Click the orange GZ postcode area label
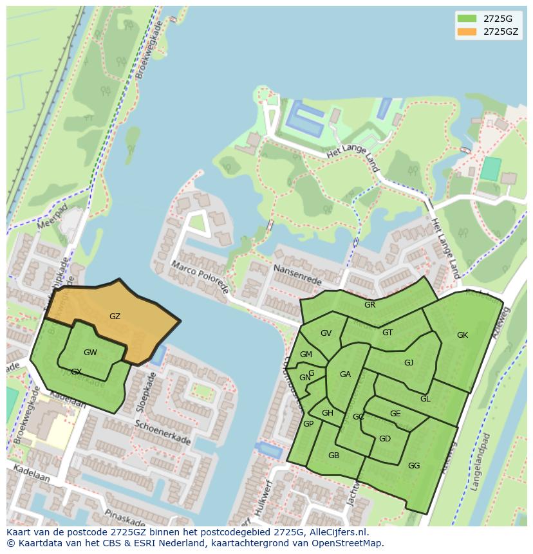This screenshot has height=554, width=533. tap(115, 317)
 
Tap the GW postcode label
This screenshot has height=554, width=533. tap(90, 353)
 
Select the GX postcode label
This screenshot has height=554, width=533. tap(76, 372)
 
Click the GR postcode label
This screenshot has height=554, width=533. tap(369, 305)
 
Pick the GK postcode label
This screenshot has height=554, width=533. tap(462, 335)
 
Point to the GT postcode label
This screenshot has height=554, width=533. tap(388, 333)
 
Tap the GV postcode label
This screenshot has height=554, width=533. tap(326, 333)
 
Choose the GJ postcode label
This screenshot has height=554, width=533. tap(409, 363)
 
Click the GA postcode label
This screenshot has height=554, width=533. tap(345, 374)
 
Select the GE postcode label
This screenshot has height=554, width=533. tap(395, 414)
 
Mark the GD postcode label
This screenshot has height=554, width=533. tap(384, 439)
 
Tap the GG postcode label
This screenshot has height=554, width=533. tap(414, 466)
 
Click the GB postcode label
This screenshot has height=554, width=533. tap(333, 456)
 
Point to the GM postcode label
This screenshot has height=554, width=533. tap(306, 355)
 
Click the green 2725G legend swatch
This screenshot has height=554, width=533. tap(467, 18)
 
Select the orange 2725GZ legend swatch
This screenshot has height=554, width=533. tap(467, 32)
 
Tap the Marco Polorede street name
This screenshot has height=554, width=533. tap(200, 277)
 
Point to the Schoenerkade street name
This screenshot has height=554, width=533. tap(163, 433)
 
